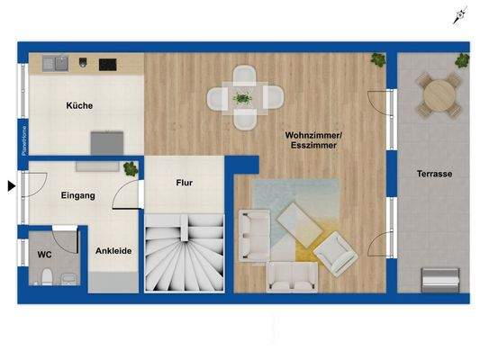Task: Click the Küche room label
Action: tap(79, 105)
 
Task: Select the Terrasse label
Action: tap(434, 174)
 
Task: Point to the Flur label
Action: tap(184, 183)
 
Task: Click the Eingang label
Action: tap(78, 195)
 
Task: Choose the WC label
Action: tap(44, 254)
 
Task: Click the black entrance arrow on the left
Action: tap(11, 186)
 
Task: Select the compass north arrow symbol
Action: tap(461, 14)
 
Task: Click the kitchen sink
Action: tap(56, 63)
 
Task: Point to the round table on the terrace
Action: tap(439, 93)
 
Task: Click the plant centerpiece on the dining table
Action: tap(242, 96)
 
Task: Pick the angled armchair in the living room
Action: tap(336, 253)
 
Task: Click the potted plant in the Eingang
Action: tap(131, 169)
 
